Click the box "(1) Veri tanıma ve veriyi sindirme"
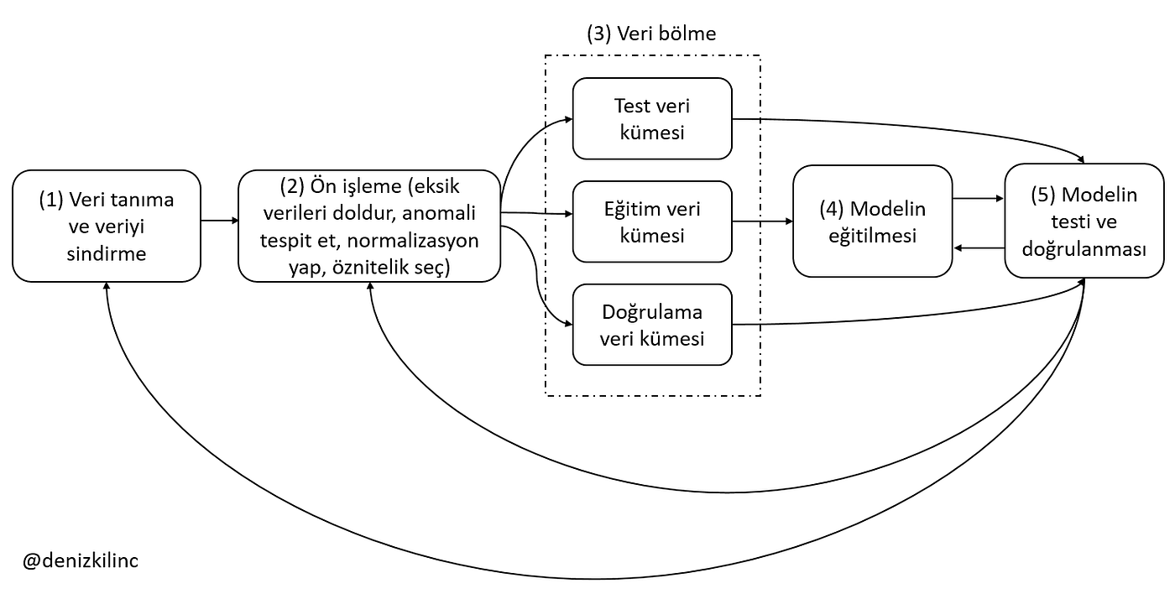[107, 226]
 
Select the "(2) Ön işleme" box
[369, 226]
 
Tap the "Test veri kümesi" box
[652, 118]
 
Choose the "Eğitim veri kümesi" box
[652, 221]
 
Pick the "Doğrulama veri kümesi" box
[652, 325]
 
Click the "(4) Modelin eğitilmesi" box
[872, 221]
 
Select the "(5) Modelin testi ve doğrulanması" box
[1084, 221]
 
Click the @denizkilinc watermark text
[81, 560]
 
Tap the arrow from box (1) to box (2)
[220, 221]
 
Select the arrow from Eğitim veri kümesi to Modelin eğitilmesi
[762, 221]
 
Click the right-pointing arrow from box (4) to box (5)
[979, 199]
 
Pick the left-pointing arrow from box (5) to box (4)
[979, 247]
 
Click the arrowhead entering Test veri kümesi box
[568, 119]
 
